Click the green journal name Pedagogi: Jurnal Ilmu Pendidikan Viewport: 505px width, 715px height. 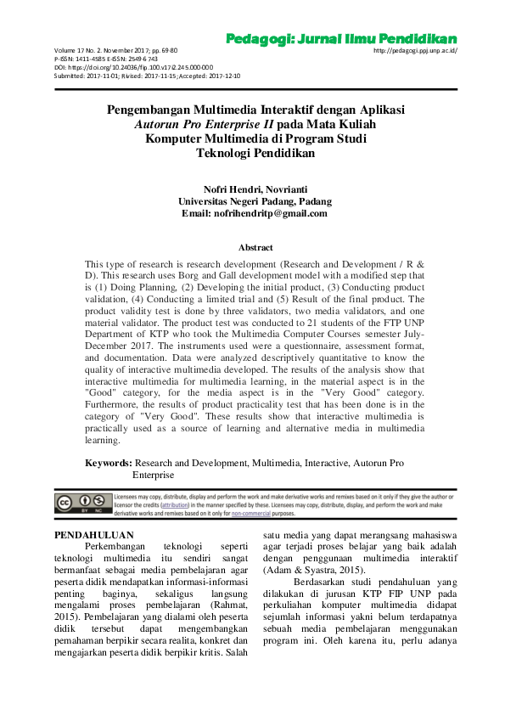coord(341,39)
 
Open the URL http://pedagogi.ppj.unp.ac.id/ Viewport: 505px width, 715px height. coord(415,51)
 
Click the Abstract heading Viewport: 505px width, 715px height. coord(255,247)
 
